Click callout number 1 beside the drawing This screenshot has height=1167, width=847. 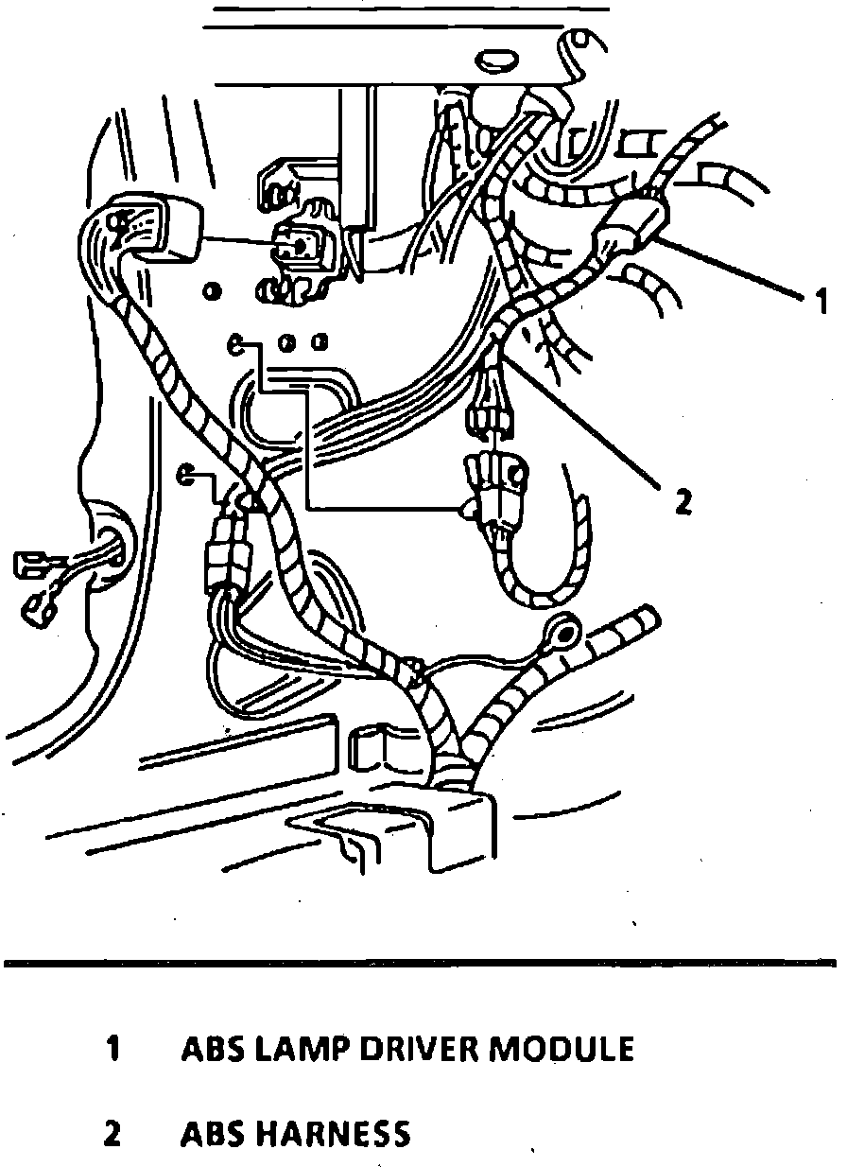821,303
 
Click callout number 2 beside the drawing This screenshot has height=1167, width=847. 683,500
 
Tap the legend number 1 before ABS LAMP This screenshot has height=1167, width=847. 112,1049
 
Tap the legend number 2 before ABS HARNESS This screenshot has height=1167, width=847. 112,1133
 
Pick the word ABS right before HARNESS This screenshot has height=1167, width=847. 215,1133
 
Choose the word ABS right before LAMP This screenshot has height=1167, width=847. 215,1049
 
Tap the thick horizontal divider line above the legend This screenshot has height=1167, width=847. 420,964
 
